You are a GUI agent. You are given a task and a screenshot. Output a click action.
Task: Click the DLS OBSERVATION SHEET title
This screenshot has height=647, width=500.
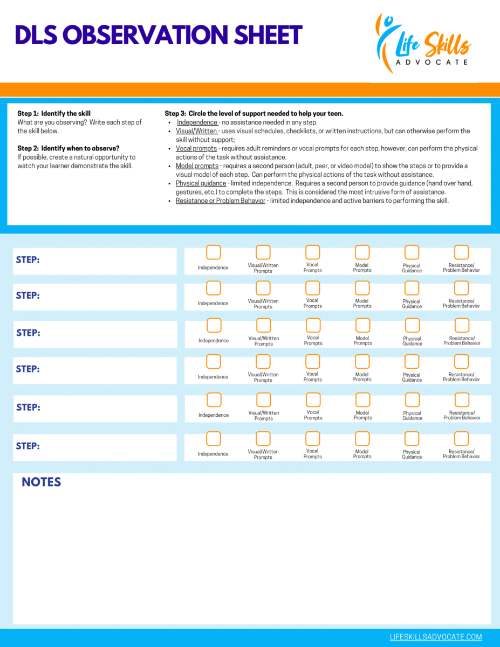pos(159,36)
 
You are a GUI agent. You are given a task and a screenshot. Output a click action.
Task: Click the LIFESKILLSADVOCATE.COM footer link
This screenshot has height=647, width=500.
pos(436,637)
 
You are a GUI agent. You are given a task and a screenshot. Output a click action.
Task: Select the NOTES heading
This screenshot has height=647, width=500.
pos(41,482)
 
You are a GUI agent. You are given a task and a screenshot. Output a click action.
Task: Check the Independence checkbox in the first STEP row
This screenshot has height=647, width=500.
pos(214,252)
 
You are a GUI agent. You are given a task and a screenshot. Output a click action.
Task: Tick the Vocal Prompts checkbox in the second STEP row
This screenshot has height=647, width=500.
pos(313,288)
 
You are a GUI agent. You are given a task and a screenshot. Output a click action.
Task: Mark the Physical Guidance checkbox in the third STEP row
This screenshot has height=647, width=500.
pos(412,325)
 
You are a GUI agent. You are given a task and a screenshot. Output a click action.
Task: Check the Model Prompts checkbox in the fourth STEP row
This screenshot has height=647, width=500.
pos(362,361)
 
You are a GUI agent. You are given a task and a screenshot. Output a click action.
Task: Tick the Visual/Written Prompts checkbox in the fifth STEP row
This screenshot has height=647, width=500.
pos(263,400)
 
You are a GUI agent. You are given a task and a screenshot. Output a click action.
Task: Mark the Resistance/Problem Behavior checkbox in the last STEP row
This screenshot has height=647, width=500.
pos(462,438)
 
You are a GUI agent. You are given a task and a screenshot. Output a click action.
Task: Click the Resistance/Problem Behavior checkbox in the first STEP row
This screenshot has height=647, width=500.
pos(462,252)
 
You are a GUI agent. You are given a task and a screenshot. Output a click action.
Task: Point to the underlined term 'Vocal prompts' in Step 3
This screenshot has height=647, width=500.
pos(196,148)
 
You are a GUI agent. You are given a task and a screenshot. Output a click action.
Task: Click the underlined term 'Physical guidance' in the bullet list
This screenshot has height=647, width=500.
pos(201,183)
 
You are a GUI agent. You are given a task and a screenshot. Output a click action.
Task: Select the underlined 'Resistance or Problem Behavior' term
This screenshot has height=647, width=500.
pos(221,201)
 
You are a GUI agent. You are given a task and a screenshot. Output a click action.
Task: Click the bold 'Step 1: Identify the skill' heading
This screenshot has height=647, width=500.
pos(54,114)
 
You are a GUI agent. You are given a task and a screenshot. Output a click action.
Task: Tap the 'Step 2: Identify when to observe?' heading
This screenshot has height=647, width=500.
pos(69,148)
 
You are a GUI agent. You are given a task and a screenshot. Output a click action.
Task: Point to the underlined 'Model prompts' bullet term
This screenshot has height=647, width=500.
pos(197,166)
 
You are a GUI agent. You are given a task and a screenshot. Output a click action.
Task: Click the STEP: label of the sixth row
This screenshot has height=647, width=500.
pos(28,446)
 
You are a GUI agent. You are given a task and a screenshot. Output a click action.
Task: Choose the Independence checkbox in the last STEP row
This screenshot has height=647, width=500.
pos(214,438)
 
